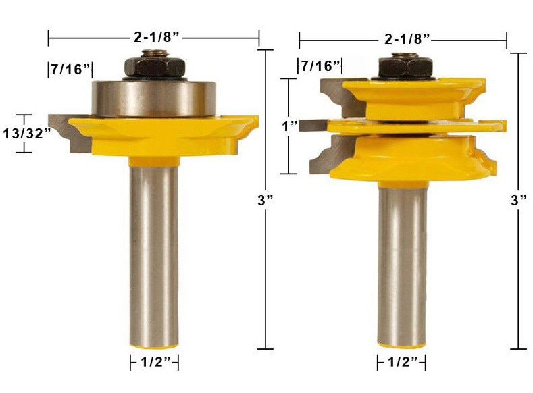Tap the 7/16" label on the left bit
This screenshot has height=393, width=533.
point(69,69)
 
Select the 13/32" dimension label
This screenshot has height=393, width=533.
point(27,133)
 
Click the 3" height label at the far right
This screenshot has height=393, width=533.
point(518,200)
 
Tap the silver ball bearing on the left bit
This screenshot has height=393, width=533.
point(153,98)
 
